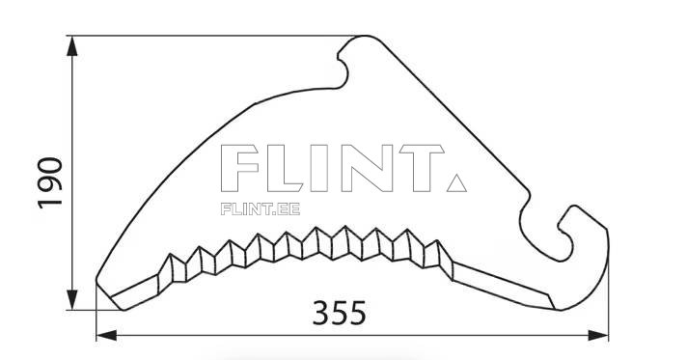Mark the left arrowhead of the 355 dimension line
pos(105,335)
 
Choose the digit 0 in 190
pos(50,160)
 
